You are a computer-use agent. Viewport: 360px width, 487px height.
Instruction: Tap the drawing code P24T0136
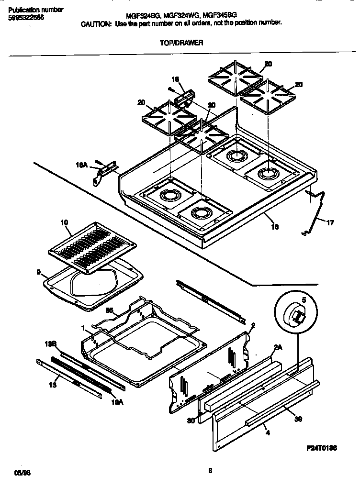coord(322,448)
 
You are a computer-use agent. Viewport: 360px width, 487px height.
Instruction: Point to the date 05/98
coord(22,473)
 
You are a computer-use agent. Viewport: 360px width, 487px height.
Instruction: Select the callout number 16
coord(275,226)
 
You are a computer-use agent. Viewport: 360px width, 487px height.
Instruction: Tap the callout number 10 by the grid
coord(64,222)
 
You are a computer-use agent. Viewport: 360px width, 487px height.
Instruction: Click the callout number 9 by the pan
coord(38,272)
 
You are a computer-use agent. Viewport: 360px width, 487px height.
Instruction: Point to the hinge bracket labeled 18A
coord(104,168)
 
